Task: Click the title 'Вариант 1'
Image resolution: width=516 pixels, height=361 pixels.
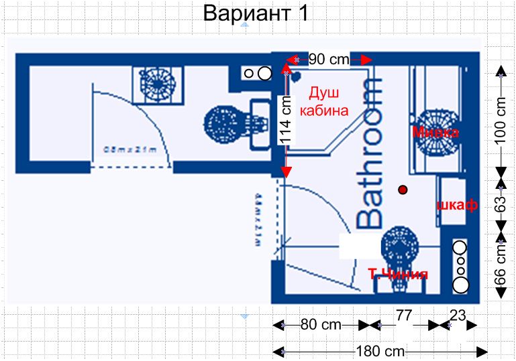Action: point(256,13)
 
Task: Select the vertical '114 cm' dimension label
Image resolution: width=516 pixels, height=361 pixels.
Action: point(286,121)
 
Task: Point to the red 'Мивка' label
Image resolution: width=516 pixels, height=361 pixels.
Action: point(435,133)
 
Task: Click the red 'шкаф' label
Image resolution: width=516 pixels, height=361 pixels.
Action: point(456,206)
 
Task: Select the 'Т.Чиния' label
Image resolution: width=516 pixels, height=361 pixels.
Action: point(398,274)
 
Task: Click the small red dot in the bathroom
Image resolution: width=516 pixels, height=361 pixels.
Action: point(403,191)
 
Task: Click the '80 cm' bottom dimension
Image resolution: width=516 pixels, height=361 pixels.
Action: point(321,326)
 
